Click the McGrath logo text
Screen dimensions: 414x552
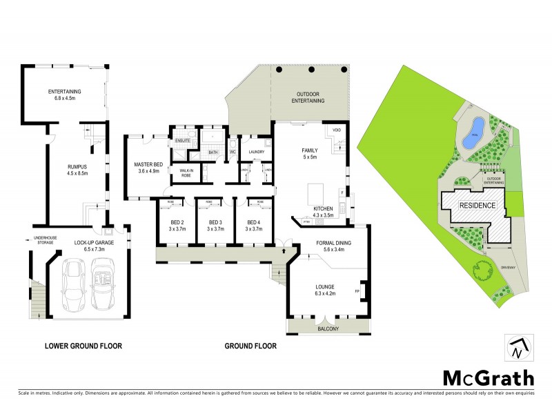(x=488, y=378)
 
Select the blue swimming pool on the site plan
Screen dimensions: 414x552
(x=471, y=132)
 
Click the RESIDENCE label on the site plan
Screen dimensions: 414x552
(x=477, y=205)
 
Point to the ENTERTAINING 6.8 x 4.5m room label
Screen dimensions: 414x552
(x=64, y=95)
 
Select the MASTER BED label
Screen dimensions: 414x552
(x=148, y=168)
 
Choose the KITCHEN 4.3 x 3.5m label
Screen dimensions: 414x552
(x=324, y=212)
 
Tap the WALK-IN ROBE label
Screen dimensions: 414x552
(x=186, y=172)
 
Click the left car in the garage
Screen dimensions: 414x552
(x=74, y=284)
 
